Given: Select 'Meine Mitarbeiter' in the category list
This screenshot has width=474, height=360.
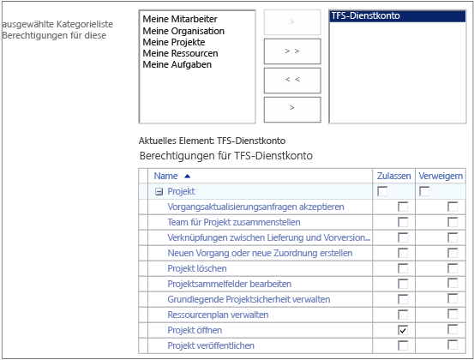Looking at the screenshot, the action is click(x=180, y=19).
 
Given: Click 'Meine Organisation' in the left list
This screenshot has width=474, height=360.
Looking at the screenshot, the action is click(x=183, y=31).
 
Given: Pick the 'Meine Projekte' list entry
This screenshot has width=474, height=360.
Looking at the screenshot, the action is click(x=174, y=42).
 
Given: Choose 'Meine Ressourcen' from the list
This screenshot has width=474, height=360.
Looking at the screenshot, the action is click(x=180, y=53).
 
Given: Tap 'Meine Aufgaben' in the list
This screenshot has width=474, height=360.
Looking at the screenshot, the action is click(x=177, y=64).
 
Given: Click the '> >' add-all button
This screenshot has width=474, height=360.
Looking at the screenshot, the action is click(x=292, y=51).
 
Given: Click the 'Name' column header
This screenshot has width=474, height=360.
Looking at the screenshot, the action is click(x=165, y=176).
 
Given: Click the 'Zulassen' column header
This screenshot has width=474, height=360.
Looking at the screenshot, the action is click(x=393, y=176).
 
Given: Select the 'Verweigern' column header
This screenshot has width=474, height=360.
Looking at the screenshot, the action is click(x=441, y=176).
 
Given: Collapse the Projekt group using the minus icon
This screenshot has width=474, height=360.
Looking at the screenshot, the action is click(x=159, y=192).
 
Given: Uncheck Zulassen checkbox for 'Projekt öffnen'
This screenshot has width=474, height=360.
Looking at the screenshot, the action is click(x=403, y=330).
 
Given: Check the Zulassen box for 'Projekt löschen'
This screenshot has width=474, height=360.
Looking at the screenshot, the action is click(x=403, y=268).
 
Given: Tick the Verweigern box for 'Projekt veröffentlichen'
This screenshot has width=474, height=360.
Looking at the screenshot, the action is click(x=453, y=345).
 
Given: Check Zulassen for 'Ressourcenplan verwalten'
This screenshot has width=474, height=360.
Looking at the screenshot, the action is click(x=403, y=315).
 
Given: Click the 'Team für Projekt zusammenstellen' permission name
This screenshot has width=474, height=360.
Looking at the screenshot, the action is click(x=234, y=222).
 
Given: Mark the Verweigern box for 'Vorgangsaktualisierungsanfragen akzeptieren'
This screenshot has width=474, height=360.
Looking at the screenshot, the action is click(x=453, y=207).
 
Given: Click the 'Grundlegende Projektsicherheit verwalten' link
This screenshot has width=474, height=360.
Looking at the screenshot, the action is click(x=249, y=299).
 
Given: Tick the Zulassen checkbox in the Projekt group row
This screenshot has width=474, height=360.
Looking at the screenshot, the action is click(x=382, y=191).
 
